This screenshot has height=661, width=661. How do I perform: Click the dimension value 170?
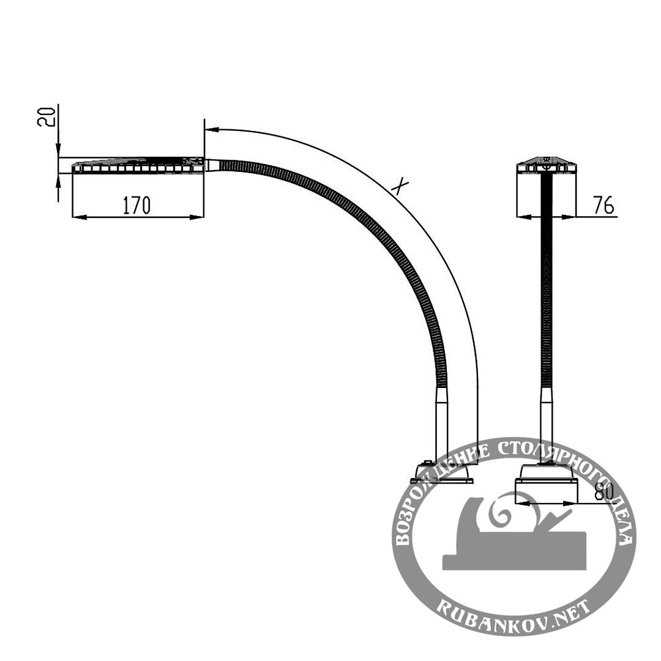coord(136,205)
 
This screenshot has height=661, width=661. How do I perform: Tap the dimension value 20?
coord(46,117)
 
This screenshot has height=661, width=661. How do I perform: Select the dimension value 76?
coord(603,205)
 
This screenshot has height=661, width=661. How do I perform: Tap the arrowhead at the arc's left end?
coord(211,129)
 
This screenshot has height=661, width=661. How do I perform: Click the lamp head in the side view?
coord(139,165)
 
